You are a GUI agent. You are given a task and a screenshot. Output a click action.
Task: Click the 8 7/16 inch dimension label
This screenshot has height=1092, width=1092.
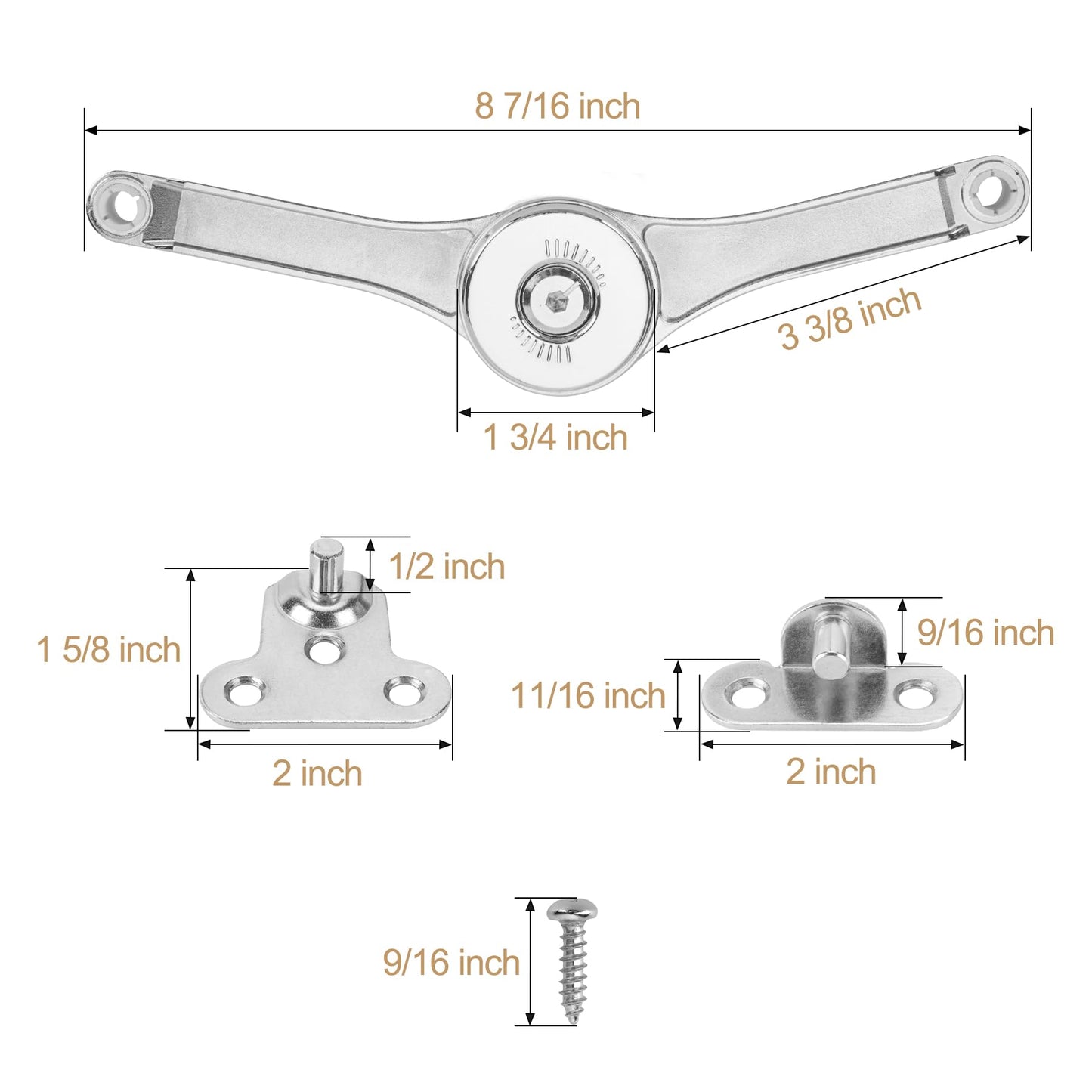pyautogui.click(x=557, y=106)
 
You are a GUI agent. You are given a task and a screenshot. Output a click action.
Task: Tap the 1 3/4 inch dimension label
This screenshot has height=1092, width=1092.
pyautogui.click(x=555, y=438)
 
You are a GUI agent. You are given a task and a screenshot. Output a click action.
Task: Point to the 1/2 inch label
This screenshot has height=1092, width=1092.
pyautogui.click(x=447, y=567)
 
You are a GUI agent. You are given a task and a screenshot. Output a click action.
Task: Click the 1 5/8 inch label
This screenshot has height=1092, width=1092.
pyautogui.click(x=109, y=650)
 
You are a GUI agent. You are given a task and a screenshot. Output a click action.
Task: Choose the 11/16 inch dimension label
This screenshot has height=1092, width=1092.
pyautogui.click(x=588, y=695)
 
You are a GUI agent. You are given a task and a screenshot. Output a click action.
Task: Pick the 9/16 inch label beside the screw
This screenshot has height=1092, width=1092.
pyautogui.click(x=451, y=962)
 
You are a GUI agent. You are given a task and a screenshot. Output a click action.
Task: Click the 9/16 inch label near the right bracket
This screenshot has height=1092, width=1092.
pyautogui.click(x=985, y=633)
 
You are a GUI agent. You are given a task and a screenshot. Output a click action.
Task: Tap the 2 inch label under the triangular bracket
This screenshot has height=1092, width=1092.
pyautogui.click(x=317, y=773)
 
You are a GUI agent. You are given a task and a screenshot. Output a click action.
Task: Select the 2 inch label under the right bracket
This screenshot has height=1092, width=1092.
pyautogui.click(x=831, y=772)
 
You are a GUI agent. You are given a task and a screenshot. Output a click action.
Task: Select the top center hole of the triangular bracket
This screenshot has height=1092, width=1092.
pyautogui.click(x=324, y=648)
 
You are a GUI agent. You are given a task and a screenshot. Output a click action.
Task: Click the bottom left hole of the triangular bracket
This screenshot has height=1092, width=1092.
pyautogui.click(x=246, y=692)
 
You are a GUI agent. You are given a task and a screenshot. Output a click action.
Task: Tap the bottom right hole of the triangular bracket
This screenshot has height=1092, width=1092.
pyautogui.click(x=402, y=691)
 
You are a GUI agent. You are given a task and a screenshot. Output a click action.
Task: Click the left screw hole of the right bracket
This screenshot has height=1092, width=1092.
pyautogui.click(x=749, y=694)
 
